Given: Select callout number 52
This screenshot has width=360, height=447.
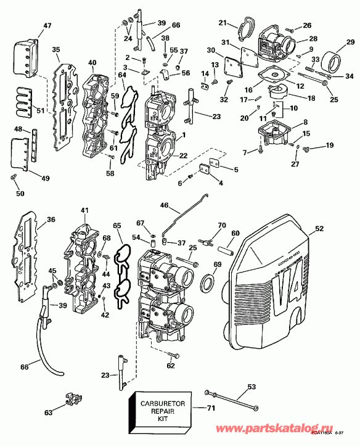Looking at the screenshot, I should point(319,229).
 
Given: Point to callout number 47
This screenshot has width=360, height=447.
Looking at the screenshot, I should point(30,26).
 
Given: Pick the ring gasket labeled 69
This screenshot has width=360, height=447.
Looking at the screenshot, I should point(209,284).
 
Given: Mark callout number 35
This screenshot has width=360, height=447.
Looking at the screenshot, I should point(55,50).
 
